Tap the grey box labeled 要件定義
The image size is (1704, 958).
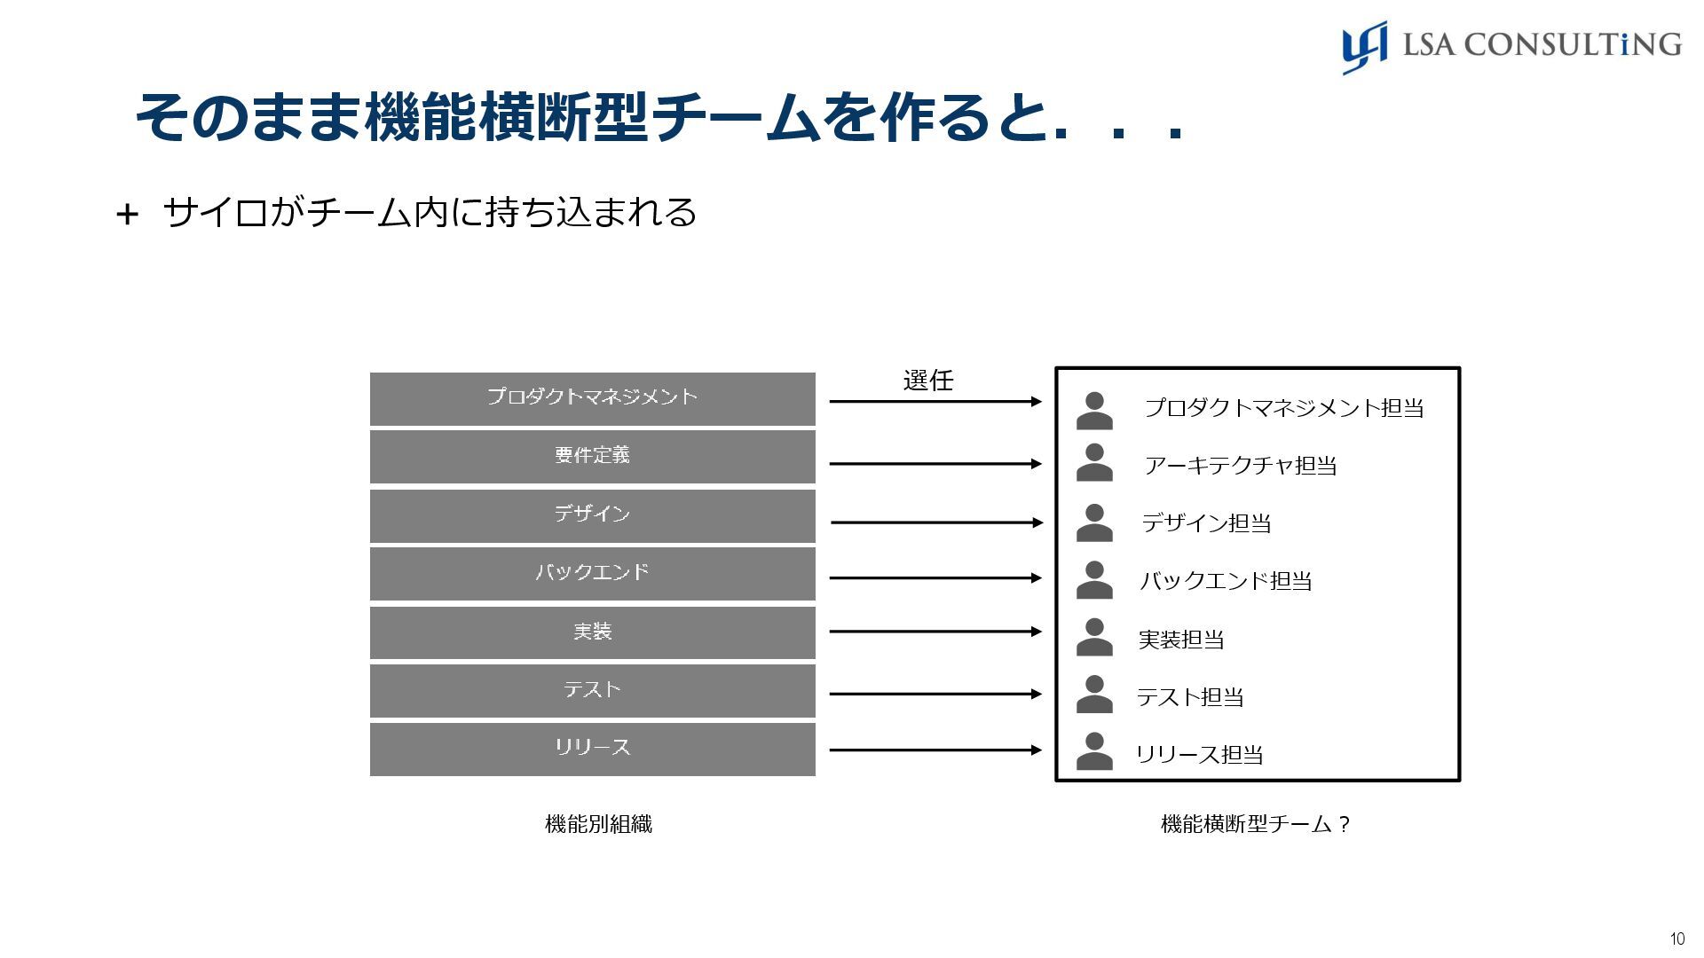tap(592, 456)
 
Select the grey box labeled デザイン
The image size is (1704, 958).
tap(592, 515)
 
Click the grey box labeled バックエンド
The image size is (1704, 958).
tap(592, 573)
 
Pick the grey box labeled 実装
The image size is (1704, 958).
tap(592, 632)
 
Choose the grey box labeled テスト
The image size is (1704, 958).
tap(592, 690)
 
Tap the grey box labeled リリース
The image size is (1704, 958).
tap(592, 749)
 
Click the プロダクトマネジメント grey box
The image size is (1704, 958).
tap(592, 398)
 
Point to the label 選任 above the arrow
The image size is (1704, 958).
tap(927, 381)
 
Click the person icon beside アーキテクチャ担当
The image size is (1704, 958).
tap(1094, 463)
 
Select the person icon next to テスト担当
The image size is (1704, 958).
tap(1094, 695)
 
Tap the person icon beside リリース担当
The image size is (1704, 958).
tap(1094, 752)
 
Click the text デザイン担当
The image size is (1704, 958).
tap(1206, 523)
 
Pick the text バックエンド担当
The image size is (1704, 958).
tap(1226, 581)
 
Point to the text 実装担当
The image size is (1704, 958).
tap(1181, 640)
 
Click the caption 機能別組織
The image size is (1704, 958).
tap(598, 824)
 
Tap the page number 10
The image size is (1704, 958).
tap(1676, 939)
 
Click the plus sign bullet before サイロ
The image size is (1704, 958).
tap(127, 215)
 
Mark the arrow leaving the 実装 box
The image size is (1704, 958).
tap(935, 632)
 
